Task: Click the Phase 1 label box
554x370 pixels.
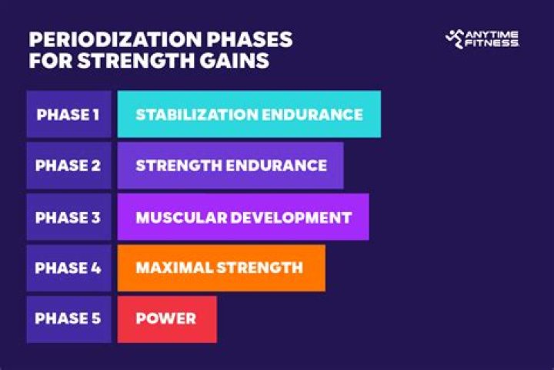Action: (68, 114)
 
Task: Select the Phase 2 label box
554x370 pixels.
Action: (68, 166)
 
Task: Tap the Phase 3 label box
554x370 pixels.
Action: (68, 217)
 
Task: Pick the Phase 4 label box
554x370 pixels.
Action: (68, 268)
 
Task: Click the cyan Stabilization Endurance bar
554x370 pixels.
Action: (249, 114)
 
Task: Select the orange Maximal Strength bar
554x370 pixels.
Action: (221, 268)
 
